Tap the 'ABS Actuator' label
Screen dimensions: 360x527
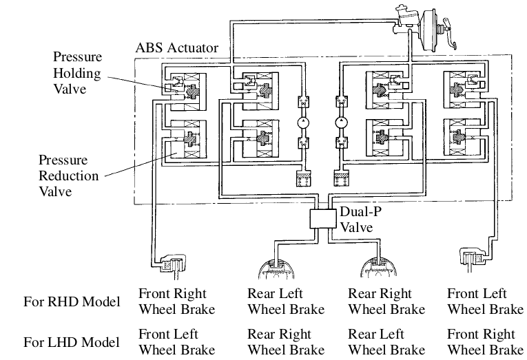[178, 49]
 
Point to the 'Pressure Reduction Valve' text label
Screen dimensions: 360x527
[69, 176]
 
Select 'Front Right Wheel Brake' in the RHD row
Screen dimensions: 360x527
[177, 301]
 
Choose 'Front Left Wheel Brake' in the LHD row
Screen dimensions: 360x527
[177, 341]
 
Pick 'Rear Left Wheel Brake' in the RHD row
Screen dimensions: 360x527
[285, 301]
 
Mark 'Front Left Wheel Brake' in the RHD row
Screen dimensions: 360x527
[486, 301]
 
